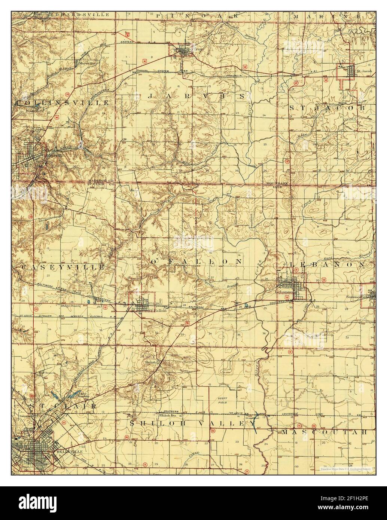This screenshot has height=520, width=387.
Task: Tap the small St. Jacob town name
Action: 363,70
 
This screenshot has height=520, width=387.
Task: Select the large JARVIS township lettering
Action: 197,97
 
